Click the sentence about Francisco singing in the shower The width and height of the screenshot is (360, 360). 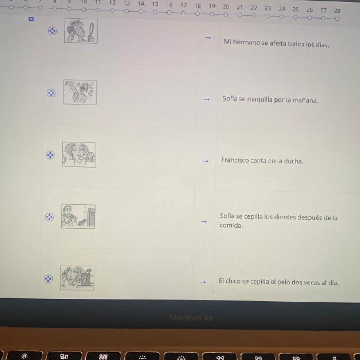pyautogui.click(x=262, y=160)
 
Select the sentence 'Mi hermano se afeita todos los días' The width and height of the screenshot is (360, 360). pyautogui.click(x=277, y=43)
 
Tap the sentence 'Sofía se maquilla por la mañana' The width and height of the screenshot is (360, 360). pyautogui.click(x=270, y=100)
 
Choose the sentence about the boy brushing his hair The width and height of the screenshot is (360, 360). pyautogui.click(x=279, y=282)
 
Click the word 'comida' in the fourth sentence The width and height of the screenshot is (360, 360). pyautogui.click(x=231, y=226)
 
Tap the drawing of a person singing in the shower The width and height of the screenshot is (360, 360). pyautogui.click(x=80, y=92)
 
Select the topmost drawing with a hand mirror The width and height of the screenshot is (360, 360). pyautogui.click(x=81, y=31)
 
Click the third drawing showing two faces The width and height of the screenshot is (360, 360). pyautogui.click(x=79, y=154)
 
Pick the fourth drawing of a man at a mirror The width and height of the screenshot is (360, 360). pyautogui.click(x=78, y=216)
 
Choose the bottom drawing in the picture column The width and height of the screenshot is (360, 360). pyautogui.click(x=77, y=278)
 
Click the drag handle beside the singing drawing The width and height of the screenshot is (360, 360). pyautogui.click(x=51, y=93)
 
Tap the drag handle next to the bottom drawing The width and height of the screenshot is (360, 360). pyautogui.click(x=48, y=279)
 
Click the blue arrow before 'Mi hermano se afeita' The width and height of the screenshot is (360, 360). pyautogui.click(x=208, y=38)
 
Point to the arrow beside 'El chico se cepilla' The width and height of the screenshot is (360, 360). pyautogui.click(x=203, y=282)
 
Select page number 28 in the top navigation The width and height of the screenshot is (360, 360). pyautogui.click(x=337, y=11)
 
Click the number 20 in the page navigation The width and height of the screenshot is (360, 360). pyautogui.click(x=226, y=7)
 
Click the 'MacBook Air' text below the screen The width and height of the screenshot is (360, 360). pyautogui.click(x=191, y=318)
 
